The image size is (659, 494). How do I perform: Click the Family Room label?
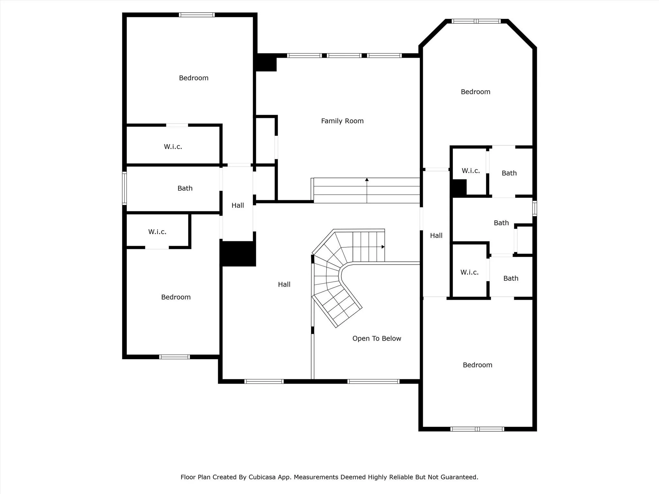[342, 121]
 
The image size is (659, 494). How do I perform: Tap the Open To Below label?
[376, 338]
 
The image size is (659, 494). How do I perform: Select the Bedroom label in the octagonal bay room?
[475, 92]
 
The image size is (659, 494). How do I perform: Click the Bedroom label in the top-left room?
[193, 78]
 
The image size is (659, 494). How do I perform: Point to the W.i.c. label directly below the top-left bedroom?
[173, 147]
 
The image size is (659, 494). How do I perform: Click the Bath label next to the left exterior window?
[185, 188]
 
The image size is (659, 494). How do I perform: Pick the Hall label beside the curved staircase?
[284, 284]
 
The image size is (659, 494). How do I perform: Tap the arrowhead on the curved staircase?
[383, 247]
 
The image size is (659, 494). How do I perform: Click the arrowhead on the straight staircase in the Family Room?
[367, 179]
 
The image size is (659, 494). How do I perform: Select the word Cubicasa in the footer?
[262, 477]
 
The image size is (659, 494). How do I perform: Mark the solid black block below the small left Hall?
[238, 253]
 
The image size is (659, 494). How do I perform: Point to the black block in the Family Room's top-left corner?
[266, 63]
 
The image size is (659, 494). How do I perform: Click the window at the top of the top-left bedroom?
[197, 15]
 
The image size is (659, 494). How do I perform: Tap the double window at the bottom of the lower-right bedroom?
[477, 429]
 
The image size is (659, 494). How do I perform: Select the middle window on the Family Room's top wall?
[344, 56]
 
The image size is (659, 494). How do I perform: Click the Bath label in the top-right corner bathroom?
[509, 173]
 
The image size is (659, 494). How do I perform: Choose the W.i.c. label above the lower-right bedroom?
[469, 272]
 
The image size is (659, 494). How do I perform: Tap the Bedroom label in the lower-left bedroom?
[176, 297]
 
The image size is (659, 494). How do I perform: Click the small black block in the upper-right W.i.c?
[459, 188]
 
